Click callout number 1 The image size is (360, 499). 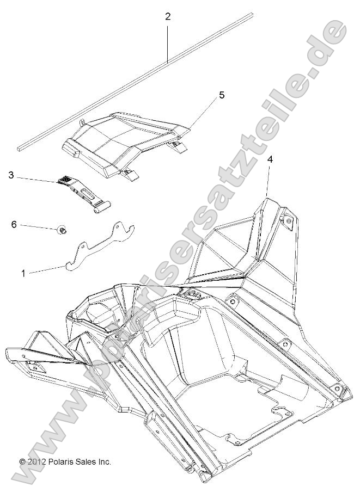coord(23,273)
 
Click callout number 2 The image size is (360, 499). coord(168,16)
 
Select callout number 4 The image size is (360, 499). coord(270,159)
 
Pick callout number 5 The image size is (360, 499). coord(206,95)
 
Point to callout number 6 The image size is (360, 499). coord(15,224)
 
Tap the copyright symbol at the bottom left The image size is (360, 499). coord(22,461)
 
